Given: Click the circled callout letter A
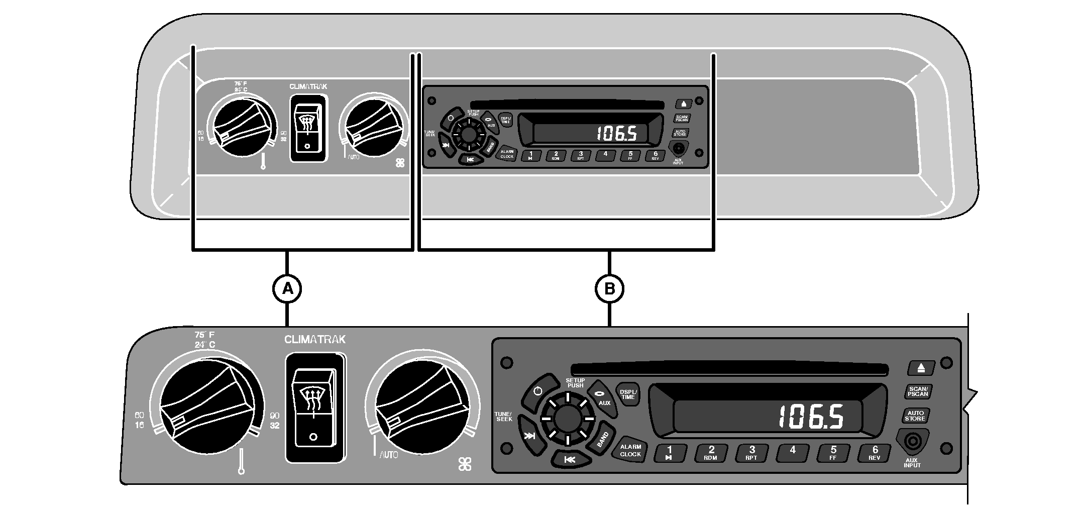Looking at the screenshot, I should [x=287, y=289].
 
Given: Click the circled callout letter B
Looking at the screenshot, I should [x=609, y=289].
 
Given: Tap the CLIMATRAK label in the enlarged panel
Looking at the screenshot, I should [x=314, y=340].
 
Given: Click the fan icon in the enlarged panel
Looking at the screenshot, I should [x=465, y=464].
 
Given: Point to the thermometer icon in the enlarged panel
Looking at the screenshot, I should [x=242, y=461].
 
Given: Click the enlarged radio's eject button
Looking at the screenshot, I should [x=920, y=367].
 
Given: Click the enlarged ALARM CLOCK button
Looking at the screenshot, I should [x=630, y=450].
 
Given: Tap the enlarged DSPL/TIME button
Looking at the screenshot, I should [x=628, y=394].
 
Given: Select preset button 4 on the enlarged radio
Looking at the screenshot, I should [x=793, y=453].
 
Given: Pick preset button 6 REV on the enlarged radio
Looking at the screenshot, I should [x=875, y=453].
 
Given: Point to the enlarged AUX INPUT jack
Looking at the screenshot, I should [x=912, y=442].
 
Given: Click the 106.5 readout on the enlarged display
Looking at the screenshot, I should [x=811, y=417].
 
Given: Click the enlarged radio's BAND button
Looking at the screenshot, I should [x=602, y=439].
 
